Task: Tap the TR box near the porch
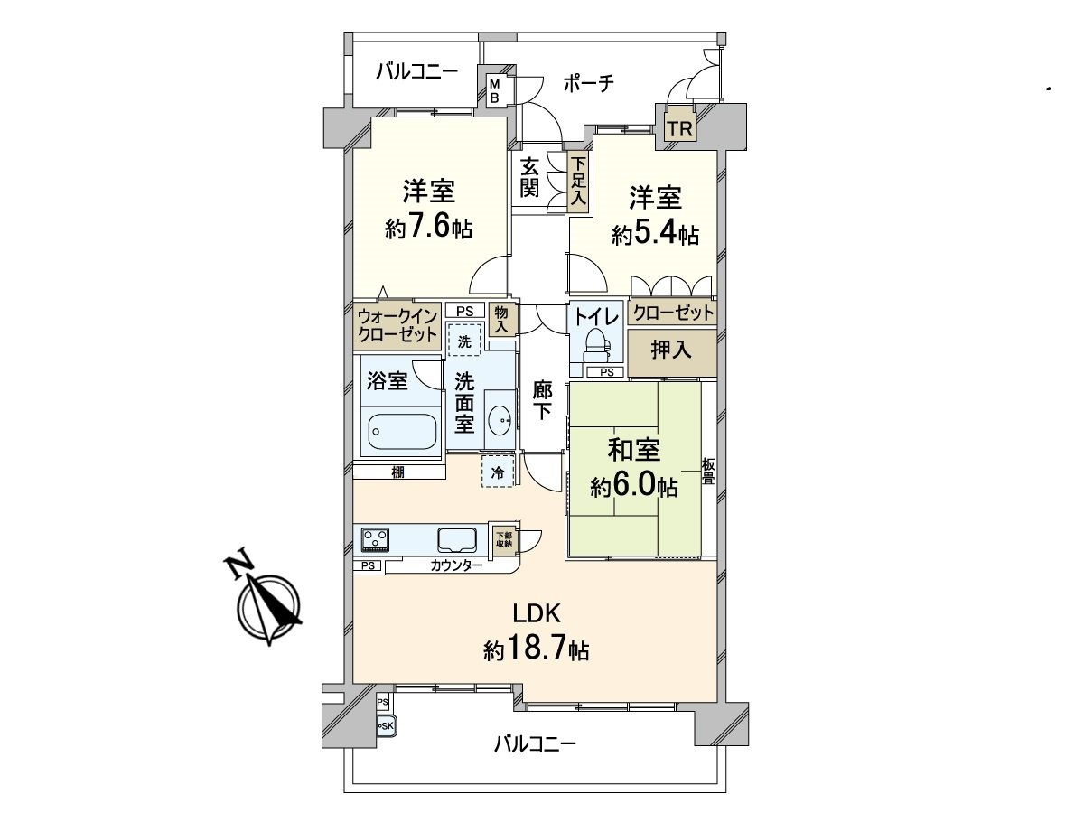click(680, 129)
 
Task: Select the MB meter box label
click(494, 91)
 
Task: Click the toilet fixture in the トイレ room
click(596, 347)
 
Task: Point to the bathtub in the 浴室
click(402, 431)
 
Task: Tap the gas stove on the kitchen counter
click(375, 539)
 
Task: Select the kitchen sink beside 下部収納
click(457, 540)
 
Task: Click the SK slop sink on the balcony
click(387, 725)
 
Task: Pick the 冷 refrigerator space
click(498, 472)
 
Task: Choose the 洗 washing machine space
click(464, 340)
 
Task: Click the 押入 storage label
click(670, 350)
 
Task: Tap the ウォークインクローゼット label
click(397, 326)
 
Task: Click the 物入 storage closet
click(501, 320)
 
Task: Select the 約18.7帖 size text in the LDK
click(536, 649)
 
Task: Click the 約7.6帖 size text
click(429, 228)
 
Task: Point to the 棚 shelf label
click(398, 472)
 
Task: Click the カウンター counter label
click(456, 565)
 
